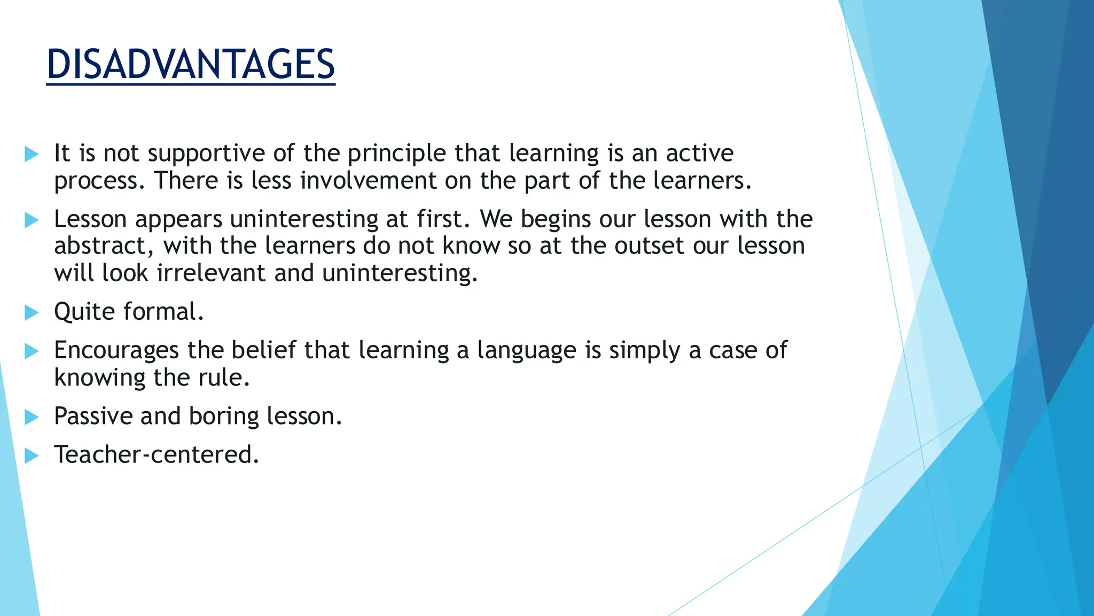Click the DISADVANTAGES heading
(191, 65)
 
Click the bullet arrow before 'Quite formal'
(32, 313)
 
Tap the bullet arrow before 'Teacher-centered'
(32, 456)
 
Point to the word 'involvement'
(368, 181)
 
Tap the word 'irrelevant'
(211, 273)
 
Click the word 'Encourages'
(116, 351)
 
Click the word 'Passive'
(93, 417)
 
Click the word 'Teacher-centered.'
(157, 455)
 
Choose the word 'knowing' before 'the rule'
(99, 378)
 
